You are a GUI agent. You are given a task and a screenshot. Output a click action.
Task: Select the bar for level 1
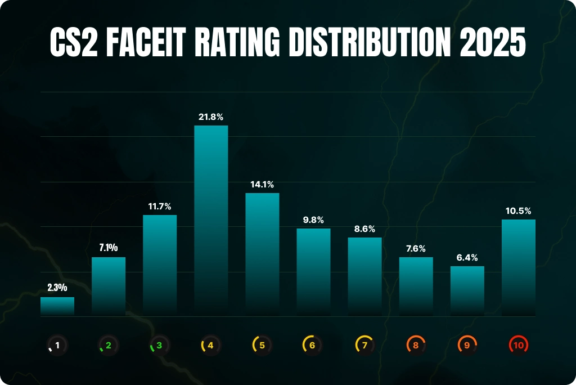[x=57, y=307]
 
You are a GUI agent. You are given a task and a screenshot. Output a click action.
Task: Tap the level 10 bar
[x=518, y=268]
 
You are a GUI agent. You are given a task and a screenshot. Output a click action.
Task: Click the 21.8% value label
[x=211, y=117]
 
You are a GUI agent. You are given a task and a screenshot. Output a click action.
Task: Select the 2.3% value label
[x=57, y=288]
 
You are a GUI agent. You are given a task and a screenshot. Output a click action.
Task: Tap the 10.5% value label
[x=518, y=211]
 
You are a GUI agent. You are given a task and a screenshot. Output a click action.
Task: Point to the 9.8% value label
[x=313, y=220]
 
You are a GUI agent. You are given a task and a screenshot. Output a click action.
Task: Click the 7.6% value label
[x=416, y=248]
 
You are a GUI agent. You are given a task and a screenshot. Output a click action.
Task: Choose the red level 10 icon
[x=518, y=344]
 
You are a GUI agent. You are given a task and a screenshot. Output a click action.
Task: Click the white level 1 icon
[x=57, y=344]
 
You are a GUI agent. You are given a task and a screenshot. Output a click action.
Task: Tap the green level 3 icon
[x=160, y=344]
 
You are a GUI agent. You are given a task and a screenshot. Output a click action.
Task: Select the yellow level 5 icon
[x=262, y=344]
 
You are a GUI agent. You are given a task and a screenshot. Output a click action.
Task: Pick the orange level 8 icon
[x=416, y=344]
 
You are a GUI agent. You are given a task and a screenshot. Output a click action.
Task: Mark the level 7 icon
[x=364, y=344]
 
